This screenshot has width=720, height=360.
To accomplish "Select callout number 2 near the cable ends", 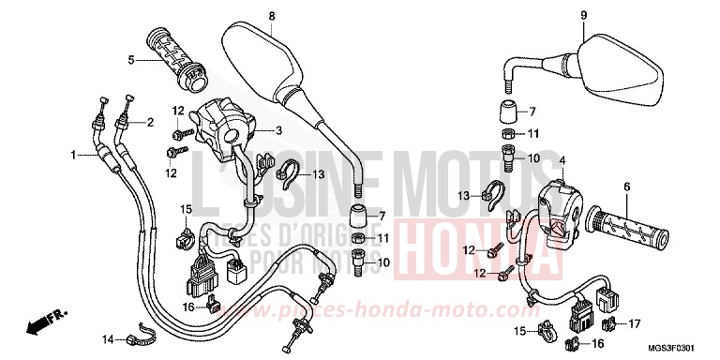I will [149, 123].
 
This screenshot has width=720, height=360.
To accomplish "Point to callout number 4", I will [562, 162].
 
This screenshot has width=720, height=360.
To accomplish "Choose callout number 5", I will [132, 61].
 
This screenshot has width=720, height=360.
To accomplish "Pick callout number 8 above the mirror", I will [271, 16].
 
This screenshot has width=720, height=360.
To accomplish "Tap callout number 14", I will [107, 338].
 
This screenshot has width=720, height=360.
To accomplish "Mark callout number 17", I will [635, 324].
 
